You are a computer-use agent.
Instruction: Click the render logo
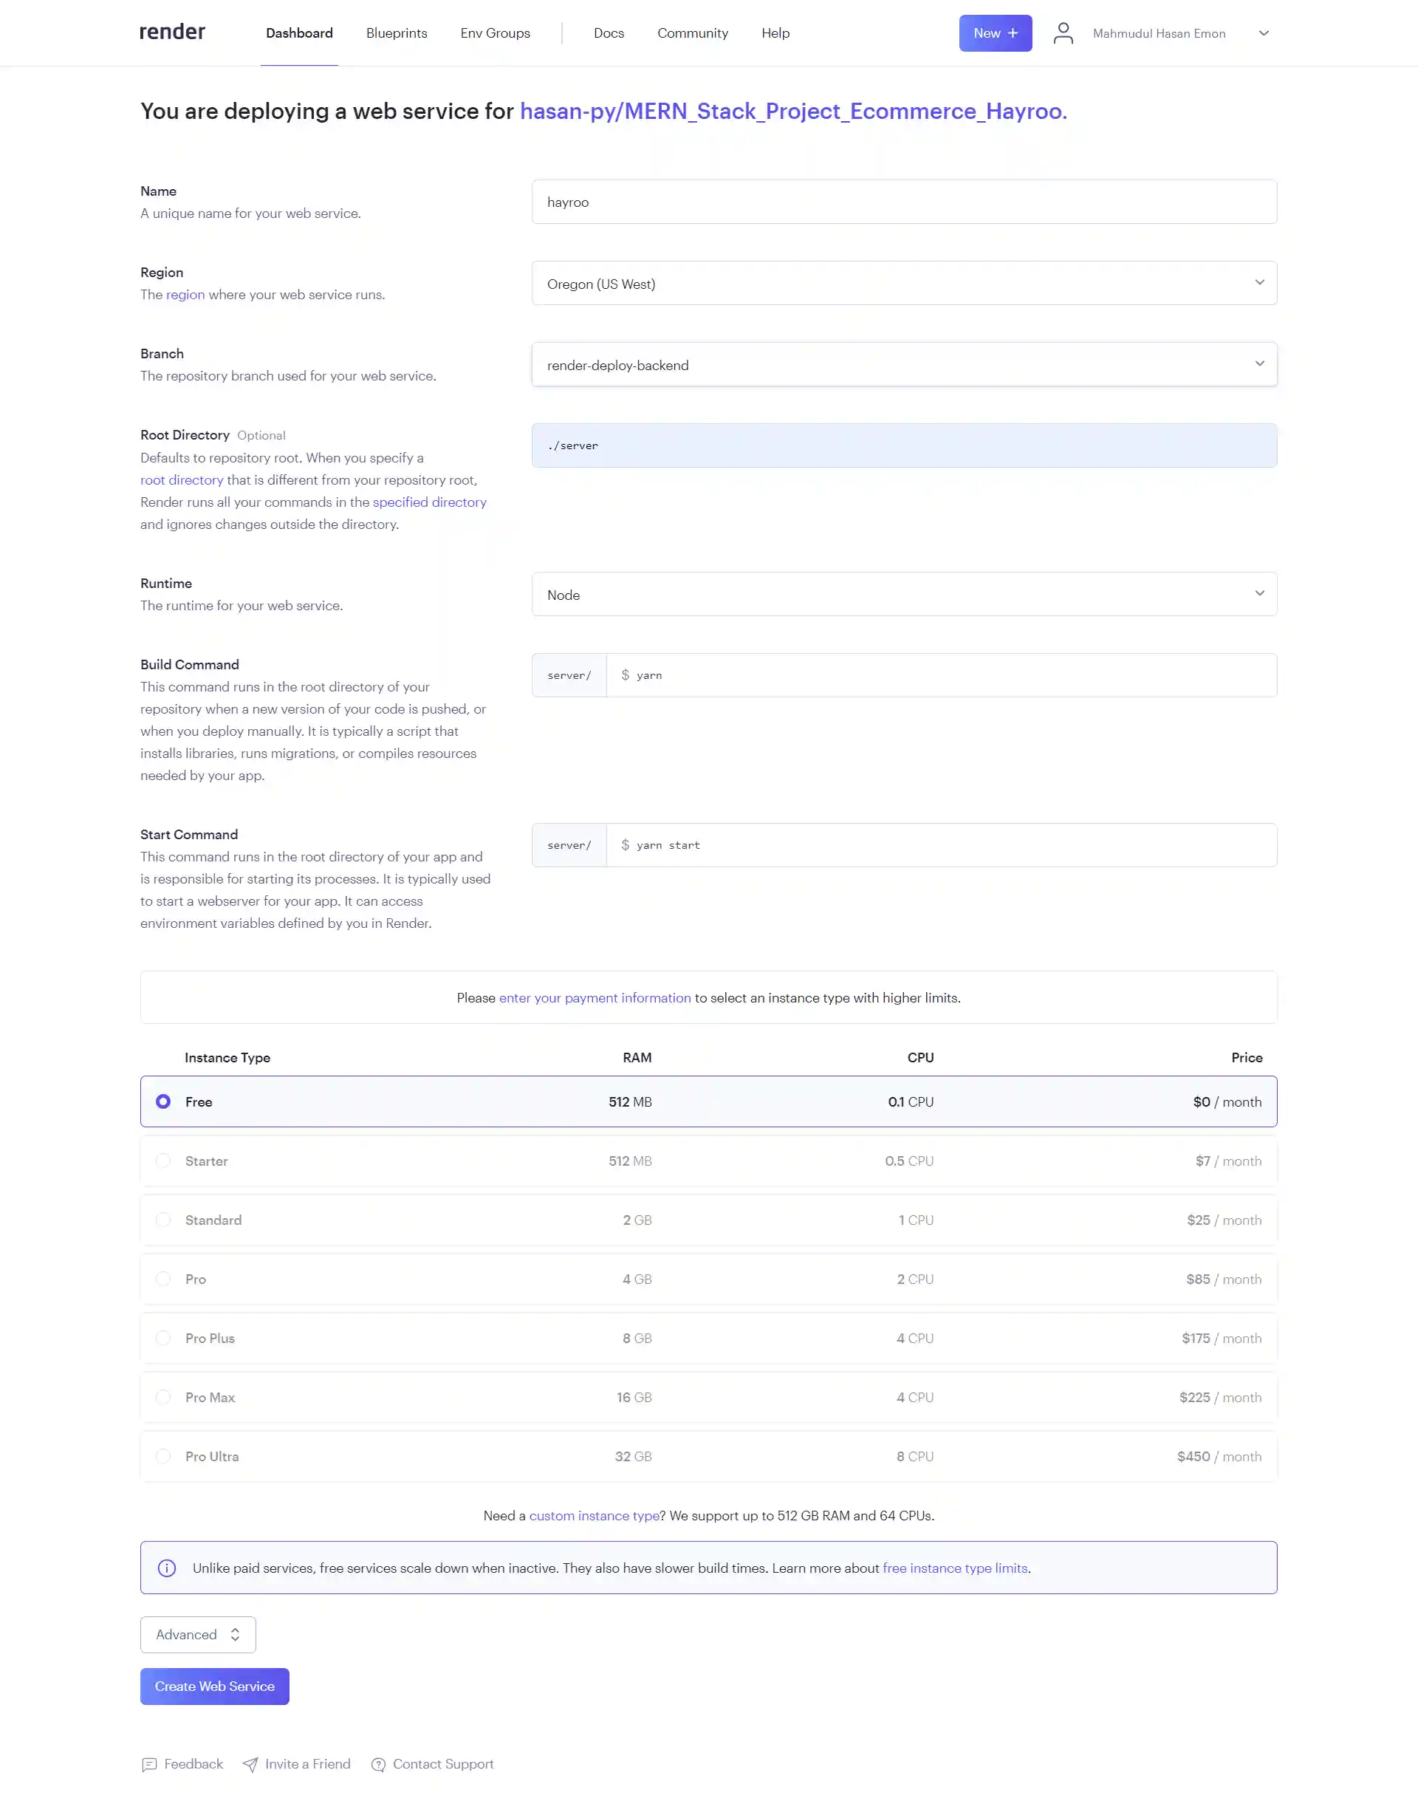172,33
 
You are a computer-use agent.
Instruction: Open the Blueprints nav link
396,33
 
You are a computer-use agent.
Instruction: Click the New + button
995,33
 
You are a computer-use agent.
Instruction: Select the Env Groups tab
495,33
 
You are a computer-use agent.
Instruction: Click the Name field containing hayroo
903,202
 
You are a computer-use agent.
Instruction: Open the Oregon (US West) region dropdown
903,283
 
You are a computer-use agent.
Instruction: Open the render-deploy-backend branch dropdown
903,365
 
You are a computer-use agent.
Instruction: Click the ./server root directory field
903,445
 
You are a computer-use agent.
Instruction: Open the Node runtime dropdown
903,594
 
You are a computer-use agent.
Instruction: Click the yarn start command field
941,844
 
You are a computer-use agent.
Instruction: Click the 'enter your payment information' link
595,997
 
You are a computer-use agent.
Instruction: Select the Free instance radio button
163,1101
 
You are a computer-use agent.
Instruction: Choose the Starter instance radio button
163,1161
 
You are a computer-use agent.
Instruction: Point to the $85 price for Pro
1197,1279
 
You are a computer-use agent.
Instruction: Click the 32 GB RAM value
633,1456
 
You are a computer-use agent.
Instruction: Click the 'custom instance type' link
594,1515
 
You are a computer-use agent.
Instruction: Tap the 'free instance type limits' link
955,1568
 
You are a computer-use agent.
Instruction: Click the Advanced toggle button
198,1634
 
